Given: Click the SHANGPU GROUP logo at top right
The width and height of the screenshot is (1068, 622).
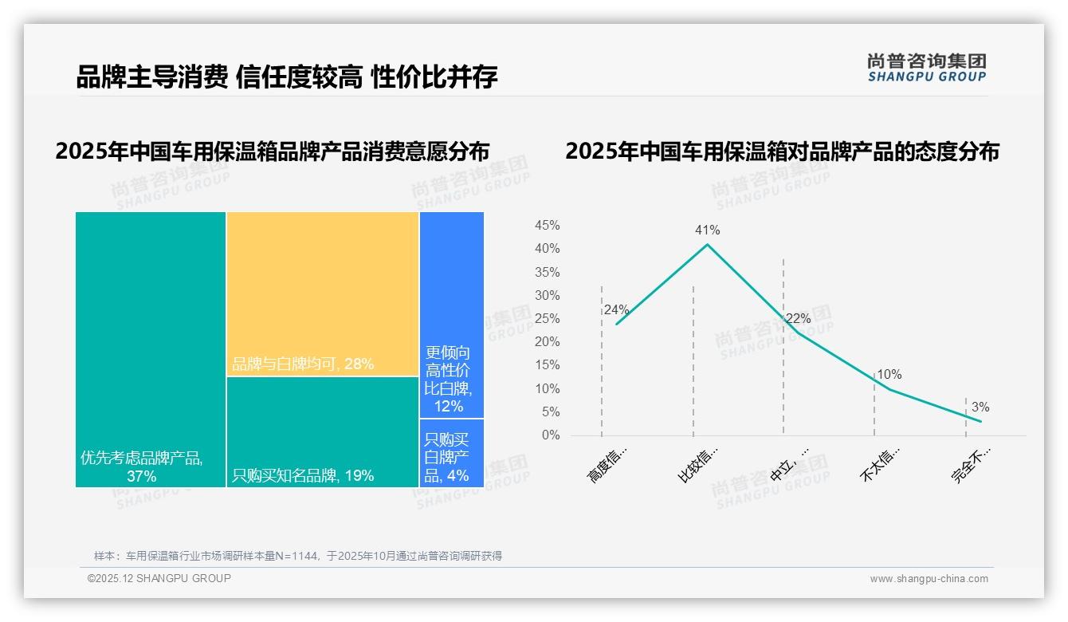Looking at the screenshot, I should (x=927, y=68).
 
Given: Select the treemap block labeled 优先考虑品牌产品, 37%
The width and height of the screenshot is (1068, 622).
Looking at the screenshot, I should (x=151, y=348).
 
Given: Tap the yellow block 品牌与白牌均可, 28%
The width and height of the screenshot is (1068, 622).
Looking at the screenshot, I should (x=323, y=293).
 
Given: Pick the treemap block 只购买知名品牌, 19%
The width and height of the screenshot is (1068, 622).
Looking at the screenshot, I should (x=323, y=431).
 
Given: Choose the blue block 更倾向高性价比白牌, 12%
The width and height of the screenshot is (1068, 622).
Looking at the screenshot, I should (x=451, y=314).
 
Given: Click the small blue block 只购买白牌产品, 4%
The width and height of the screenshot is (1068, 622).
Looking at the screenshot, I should (x=451, y=453).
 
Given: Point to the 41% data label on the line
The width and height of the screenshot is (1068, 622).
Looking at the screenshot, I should (x=707, y=230).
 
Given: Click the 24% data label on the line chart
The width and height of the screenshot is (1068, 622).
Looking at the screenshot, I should (x=616, y=310).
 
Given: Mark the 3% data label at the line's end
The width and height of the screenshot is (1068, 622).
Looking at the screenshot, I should (x=980, y=407).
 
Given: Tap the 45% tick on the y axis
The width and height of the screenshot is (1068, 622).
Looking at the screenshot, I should (x=547, y=226).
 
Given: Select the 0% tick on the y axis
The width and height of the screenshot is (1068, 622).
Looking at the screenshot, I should (x=550, y=435).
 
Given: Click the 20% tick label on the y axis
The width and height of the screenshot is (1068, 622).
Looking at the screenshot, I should (x=547, y=342).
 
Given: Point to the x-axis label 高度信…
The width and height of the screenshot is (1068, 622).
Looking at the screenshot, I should (x=607, y=464).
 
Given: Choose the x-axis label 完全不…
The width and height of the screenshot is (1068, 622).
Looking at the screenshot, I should (x=971, y=464).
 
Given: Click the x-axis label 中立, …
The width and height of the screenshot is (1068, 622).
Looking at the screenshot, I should (x=790, y=464).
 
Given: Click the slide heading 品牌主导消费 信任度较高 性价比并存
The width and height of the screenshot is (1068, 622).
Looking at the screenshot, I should (x=287, y=77).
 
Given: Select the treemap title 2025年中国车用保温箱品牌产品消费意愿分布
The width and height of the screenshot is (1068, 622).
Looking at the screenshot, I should (x=273, y=151).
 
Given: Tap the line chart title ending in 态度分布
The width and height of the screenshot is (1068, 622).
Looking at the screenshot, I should (x=782, y=151).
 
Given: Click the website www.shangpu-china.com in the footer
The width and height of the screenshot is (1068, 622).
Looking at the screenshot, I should (x=929, y=579).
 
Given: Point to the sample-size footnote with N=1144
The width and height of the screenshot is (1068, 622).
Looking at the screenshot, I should (x=297, y=556).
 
